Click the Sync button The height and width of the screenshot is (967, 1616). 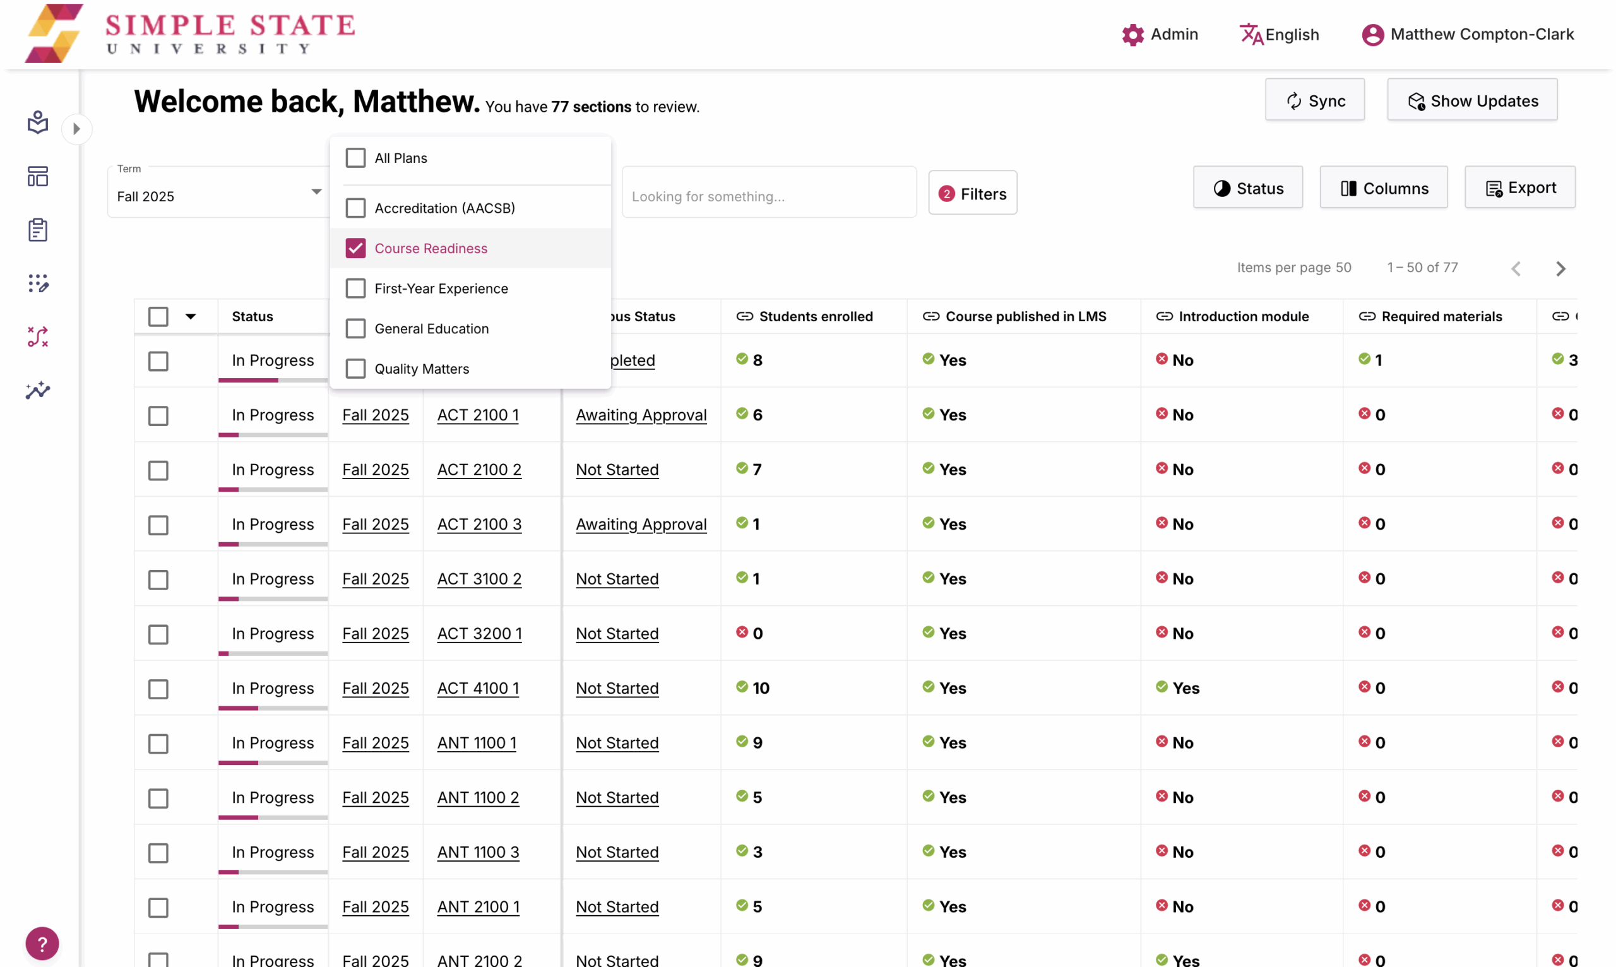(1314, 100)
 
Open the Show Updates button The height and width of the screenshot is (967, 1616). (1471, 100)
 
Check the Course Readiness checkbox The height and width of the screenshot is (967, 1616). (355, 248)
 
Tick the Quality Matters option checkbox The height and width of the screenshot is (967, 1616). (355, 369)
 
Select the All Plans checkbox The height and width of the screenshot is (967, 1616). (355, 158)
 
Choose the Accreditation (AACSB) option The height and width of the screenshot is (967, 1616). (355, 208)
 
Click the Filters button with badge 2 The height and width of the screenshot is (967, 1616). (971, 194)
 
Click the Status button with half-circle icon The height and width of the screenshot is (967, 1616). (1247, 188)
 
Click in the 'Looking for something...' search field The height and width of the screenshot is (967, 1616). (769, 196)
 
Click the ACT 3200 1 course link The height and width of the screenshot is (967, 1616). (479, 633)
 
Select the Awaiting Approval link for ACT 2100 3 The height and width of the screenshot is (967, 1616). (641, 524)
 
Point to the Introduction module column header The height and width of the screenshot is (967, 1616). (1243, 316)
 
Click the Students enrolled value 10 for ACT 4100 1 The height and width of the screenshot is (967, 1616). (761, 688)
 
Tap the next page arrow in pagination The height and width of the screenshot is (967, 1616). (1560, 268)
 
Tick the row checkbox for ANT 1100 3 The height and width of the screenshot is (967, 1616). (158, 852)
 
